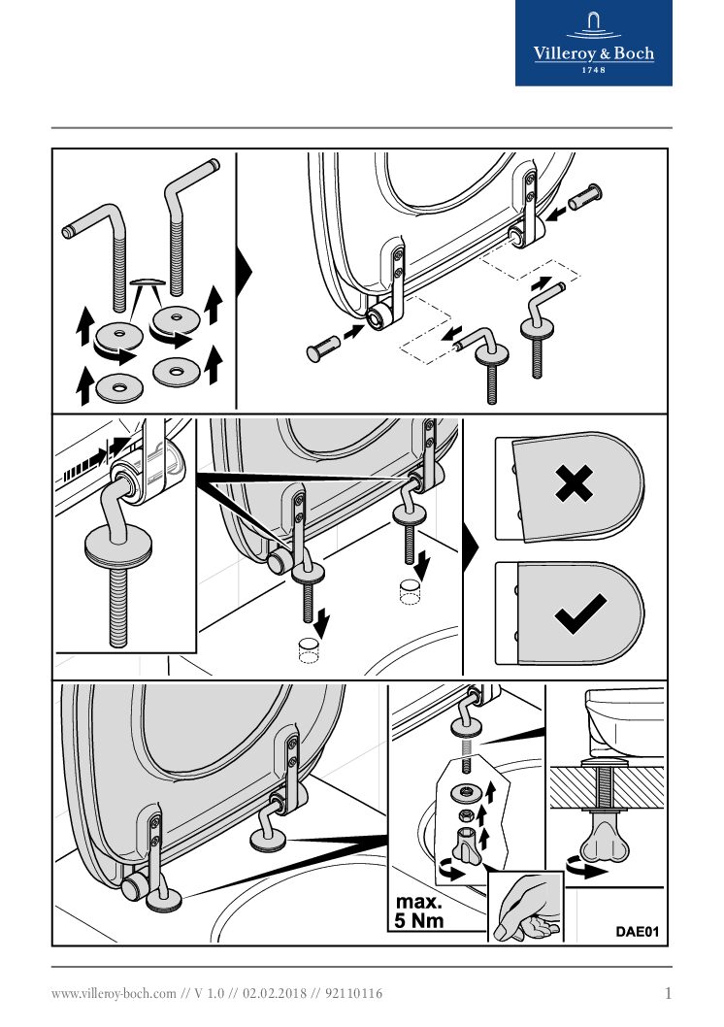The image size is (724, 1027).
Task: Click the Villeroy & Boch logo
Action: [x=594, y=43]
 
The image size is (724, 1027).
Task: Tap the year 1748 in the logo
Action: [x=594, y=70]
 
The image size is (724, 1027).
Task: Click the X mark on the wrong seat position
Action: [x=574, y=483]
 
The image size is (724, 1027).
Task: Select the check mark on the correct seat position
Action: [x=580, y=613]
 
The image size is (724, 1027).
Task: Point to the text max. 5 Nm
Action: [x=419, y=911]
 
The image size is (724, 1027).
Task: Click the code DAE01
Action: [x=637, y=931]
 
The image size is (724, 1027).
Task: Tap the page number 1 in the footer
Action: [x=668, y=994]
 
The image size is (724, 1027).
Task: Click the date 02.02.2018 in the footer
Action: [x=275, y=994]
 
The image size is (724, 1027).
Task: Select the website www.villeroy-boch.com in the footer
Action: [x=114, y=994]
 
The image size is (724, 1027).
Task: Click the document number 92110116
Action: [x=353, y=994]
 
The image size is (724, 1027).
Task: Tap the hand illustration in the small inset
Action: [x=526, y=908]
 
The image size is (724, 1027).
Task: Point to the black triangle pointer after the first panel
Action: [x=244, y=271]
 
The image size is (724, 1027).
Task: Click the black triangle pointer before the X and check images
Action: [x=471, y=547]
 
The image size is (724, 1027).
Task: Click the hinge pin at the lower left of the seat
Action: [x=323, y=348]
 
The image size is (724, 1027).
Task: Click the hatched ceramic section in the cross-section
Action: [x=607, y=786]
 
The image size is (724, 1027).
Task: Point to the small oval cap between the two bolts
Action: [x=148, y=282]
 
